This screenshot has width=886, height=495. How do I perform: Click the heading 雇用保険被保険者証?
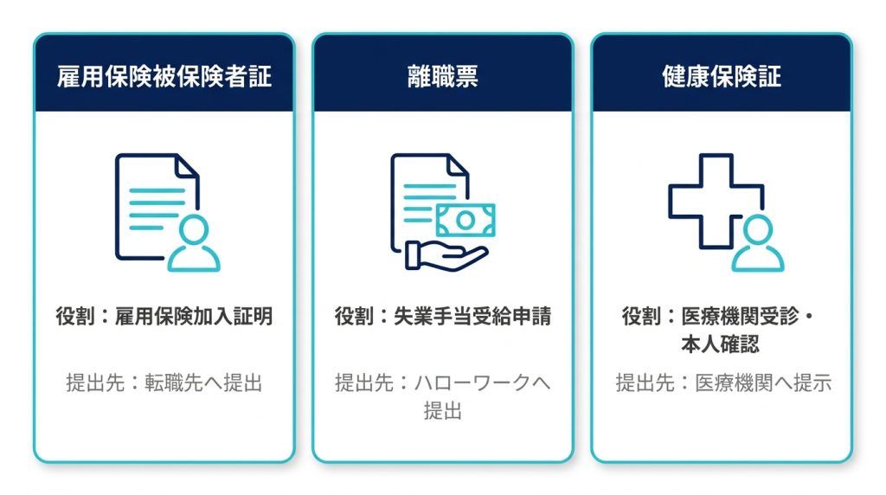[x=164, y=76]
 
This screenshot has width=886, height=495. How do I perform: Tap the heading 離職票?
[x=442, y=76]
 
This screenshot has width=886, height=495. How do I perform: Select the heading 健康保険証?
[x=722, y=76]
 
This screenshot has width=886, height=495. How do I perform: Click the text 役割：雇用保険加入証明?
[x=164, y=316]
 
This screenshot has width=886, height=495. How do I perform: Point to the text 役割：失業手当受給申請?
[x=442, y=316]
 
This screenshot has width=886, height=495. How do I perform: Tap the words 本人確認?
[x=720, y=344]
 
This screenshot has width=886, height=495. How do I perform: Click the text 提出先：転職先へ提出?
[x=164, y=382]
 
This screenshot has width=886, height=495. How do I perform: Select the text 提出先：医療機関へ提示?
[x=723, y=382]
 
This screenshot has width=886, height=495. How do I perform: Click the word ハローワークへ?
[x=482, y=382]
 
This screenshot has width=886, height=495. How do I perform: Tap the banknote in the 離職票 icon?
[x=465, y=220]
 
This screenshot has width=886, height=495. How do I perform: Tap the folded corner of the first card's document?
[x=187, y=165]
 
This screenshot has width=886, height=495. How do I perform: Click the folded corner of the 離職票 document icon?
[x=458, y=164]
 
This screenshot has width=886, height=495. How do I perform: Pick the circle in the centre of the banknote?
[x=465, y=220]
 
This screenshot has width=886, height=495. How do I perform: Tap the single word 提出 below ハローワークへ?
[x=442, y=411]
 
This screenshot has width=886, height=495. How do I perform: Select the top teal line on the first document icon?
[x=157, y=190]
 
